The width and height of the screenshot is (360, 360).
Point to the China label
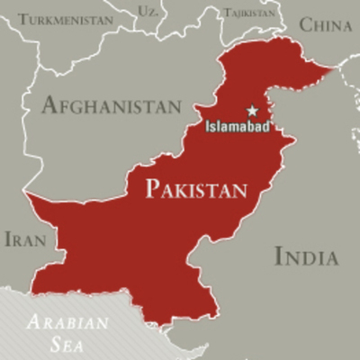click(325, 25)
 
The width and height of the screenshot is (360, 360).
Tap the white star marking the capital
click(252, 111)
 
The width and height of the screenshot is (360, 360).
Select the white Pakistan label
click(196, 190)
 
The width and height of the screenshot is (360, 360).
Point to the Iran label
click(25, 239)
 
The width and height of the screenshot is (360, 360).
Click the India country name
click(306, 256)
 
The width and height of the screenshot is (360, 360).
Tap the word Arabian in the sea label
click(67, 321)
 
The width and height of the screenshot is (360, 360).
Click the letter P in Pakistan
click(152, 190)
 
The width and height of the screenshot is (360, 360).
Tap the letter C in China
click(304, 25)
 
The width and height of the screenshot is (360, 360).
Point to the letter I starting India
click(277, 256)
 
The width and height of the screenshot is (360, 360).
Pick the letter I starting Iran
click(7, 239)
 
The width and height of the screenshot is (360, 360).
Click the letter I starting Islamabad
click(208, 127)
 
